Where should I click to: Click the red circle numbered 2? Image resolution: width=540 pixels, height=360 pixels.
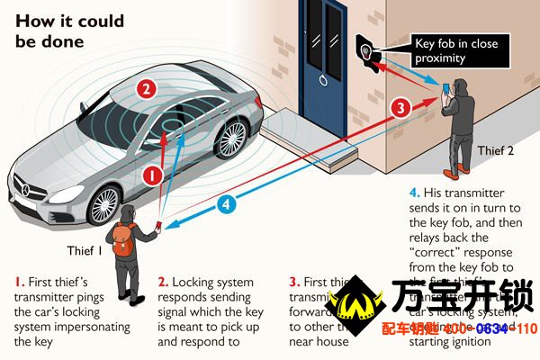point(147,89)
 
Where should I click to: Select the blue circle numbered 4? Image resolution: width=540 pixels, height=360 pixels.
point(228,204)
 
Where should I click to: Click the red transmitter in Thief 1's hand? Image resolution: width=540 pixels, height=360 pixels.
point(159,226)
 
